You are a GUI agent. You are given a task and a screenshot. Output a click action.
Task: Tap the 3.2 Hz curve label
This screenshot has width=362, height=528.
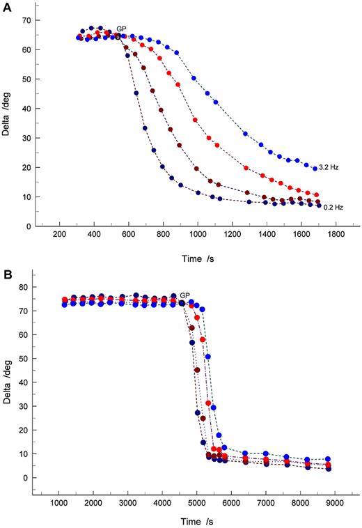click(x=328, y=168)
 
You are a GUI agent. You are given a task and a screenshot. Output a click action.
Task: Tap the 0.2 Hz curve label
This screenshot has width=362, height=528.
click(x=333, y=207)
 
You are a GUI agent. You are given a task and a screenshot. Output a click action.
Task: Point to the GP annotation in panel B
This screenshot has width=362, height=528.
click(x=185, y=295)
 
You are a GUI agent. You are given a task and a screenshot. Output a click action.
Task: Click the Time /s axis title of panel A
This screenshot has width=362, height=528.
click(x=194, y=258)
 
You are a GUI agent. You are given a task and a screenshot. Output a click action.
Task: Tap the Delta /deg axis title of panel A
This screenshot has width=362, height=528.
click(x=6, y=118)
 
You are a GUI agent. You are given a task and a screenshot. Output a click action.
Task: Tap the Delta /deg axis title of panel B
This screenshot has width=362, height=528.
click(x=6, y=384)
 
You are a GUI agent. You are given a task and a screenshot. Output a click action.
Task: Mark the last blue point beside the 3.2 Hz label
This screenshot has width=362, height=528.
click(x=315, y=168)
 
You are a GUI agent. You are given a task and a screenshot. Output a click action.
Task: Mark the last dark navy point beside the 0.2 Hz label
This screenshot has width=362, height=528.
click(x=319, y=206)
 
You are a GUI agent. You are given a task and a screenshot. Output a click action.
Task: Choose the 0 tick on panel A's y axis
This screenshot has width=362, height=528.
click(x=27, y=226)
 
